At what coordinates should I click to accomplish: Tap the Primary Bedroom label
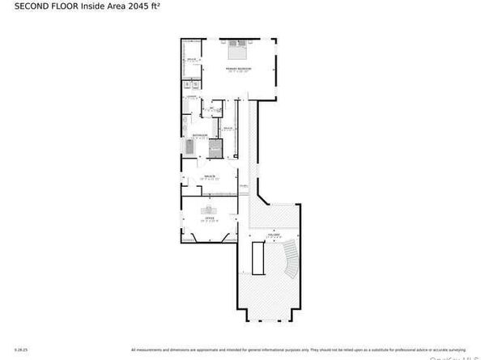[239, 70]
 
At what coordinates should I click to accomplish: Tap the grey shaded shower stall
[215, 148]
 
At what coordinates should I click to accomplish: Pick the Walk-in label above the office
[208, 176]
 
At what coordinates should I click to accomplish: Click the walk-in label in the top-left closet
[192, 59]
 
